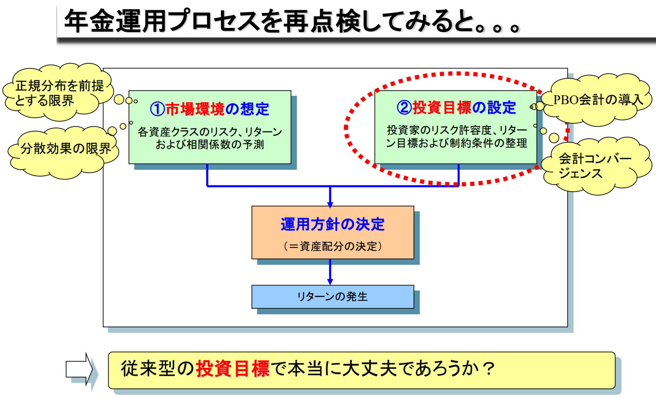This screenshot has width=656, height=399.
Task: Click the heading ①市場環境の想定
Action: click(x=209, y=109)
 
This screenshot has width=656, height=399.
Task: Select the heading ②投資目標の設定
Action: click(x=456, y=107)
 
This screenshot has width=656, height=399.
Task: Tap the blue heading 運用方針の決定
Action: click(x=333, y=224)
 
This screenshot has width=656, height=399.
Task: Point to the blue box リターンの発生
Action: click(x=333, y=296)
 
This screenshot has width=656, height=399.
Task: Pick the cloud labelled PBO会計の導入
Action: click(x=598, y=99)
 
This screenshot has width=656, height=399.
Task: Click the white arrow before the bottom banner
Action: click(x=80, y=369)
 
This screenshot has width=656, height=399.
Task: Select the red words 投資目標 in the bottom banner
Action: click(x=233, y=369)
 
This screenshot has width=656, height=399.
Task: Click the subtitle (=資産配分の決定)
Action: click(x=333, y=246)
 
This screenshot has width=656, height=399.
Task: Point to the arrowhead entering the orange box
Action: click(x=330, y=203)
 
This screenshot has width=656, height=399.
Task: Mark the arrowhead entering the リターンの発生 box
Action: click(x=330, y=282)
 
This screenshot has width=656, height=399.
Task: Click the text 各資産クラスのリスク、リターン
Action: click(x=210, y=132)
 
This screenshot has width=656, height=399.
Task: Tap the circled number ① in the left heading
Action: click(x=157, y=109)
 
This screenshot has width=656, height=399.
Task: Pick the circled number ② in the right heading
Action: click(x=404, y=107)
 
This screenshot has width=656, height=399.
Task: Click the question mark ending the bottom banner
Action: click(x=488, y=369)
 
